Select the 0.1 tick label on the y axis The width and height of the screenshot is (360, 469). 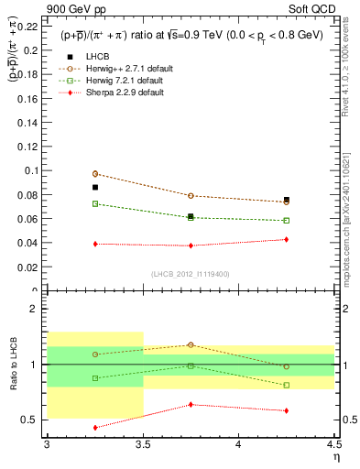tap(32, 170)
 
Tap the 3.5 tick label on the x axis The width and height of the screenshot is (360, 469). tap(142, 443)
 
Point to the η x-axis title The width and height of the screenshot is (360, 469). tap(335, 456)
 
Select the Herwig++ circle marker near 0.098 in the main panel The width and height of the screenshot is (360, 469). tap(95, 173)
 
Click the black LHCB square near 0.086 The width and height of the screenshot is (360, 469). tap(95, 187)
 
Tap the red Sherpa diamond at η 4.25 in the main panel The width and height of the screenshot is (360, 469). tap(286, 239)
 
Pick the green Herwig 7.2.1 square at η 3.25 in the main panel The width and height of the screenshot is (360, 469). tap(95, 203)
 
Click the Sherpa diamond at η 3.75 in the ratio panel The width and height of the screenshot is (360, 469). tap(191, 404)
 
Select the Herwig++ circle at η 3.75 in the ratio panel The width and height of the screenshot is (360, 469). tap(191, 344)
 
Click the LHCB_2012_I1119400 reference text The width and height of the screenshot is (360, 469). tap(190, 274)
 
